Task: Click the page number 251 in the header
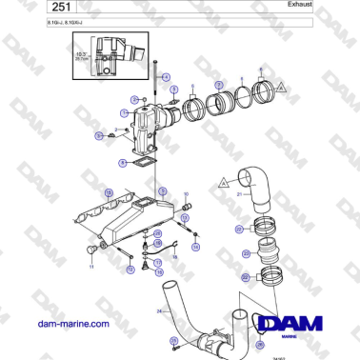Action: click(x=22, y=8)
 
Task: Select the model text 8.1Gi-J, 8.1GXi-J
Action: click(x=34, y=20)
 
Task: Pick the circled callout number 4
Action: click(x=165, y=75)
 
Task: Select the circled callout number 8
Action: click(x=122, y=163)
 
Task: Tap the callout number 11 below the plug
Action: click(x=92, y=268)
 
